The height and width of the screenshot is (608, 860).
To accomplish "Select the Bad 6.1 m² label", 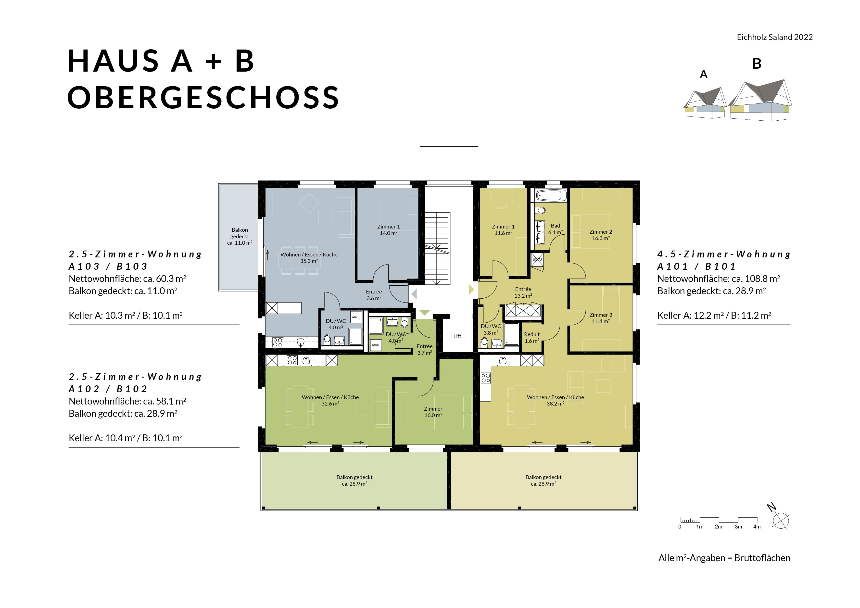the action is (556, 229).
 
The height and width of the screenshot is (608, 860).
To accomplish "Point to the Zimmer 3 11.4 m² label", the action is (601, 318).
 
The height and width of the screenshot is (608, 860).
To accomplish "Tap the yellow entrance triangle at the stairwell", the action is (471, 289).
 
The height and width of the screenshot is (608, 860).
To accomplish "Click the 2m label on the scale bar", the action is (718, 527).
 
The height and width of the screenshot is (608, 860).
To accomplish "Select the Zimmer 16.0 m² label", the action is (433, 412).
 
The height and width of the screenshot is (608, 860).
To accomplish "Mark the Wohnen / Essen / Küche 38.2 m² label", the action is (556, 400).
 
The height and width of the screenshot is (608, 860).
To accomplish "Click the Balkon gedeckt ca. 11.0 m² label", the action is (240, 236).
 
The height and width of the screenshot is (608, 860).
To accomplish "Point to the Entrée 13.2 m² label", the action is (523, 292).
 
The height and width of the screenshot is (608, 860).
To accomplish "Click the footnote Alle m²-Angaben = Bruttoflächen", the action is (724, 558).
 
